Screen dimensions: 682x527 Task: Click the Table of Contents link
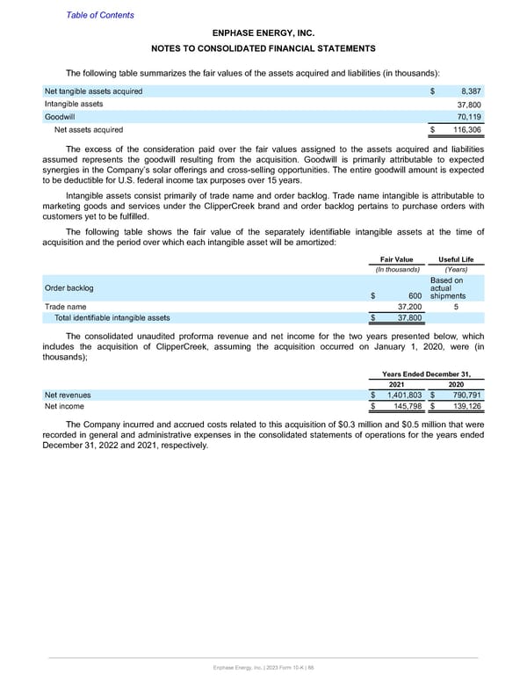click(x=100, y=15)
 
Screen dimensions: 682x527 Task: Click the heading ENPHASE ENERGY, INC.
click(x=263, y=32)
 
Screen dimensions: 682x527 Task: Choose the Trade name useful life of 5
click(x=455, y=307)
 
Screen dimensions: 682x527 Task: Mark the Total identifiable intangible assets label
click(x=112, y=318)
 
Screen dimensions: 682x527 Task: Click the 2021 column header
click(x=398, y=383)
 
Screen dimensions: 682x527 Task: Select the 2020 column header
click(x=456, y=383)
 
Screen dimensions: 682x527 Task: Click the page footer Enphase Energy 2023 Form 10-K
click(x=263, y=670)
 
